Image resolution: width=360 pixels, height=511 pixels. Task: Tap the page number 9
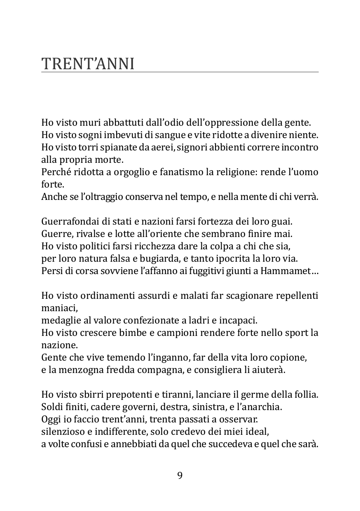coord(180,476)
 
